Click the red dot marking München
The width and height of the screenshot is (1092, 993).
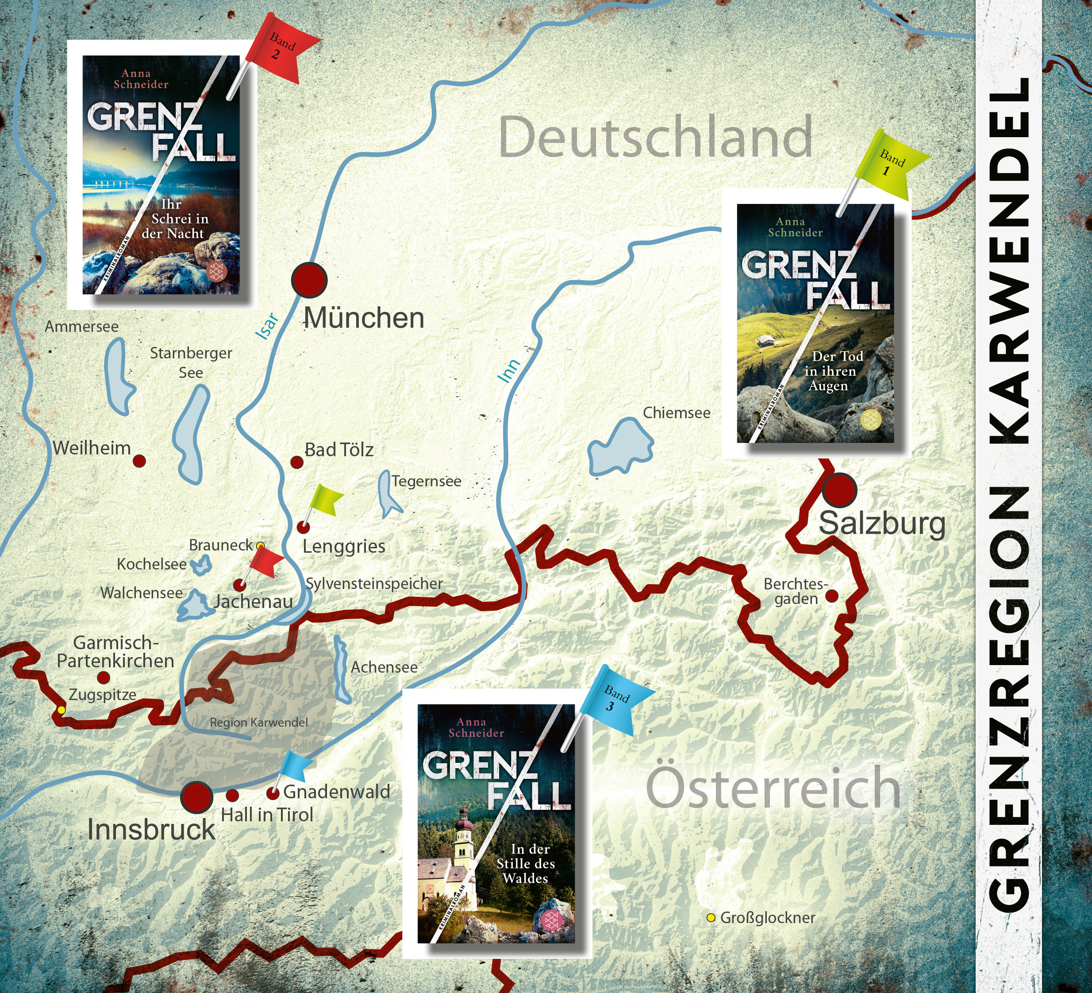pos(309,280)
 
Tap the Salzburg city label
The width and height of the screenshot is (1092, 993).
pos(881,524)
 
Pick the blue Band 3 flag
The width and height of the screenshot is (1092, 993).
pos(616,700)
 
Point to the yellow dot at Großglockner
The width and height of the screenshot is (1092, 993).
pos(711,918)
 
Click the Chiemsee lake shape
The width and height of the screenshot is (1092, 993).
pos(620,447)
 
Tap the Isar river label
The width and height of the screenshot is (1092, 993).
pos(268,327)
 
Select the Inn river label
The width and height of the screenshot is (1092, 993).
pos(509,371)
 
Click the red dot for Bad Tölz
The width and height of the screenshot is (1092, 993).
pos(297,462)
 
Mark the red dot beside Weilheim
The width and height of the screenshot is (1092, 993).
pos(139,461)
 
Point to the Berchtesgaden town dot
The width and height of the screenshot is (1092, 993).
pos(831,596)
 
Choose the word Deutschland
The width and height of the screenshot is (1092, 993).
pos(655,137)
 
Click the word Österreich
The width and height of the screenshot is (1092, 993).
pos(773,788)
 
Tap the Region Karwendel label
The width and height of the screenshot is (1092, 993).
pos(258,722)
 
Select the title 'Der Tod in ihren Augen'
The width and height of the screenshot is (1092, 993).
pos(833,371)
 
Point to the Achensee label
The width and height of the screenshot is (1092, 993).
pos(384,667)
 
